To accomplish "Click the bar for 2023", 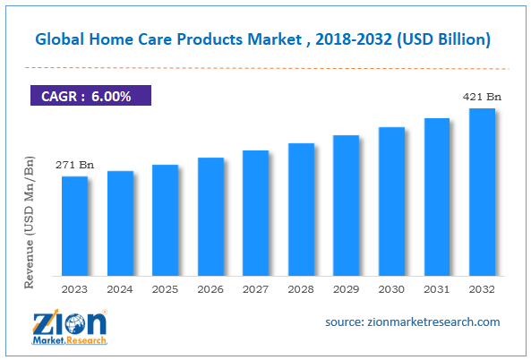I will [x=75, y=225].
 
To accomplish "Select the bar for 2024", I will [x=120, y=222].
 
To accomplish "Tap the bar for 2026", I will [x=210, y=216].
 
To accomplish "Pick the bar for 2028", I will [x=301, y=209].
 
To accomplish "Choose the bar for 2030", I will [x=391, y=201].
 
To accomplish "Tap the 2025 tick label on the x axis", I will [x=165, y=288].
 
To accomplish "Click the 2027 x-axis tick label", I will [x=255, y=288].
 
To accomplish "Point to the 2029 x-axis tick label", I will [x=346, y=288].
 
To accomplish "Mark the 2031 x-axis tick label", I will [x=436, y=288].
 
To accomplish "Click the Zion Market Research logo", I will [x=72, y=327].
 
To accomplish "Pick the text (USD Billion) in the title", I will [x=445, y=39].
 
